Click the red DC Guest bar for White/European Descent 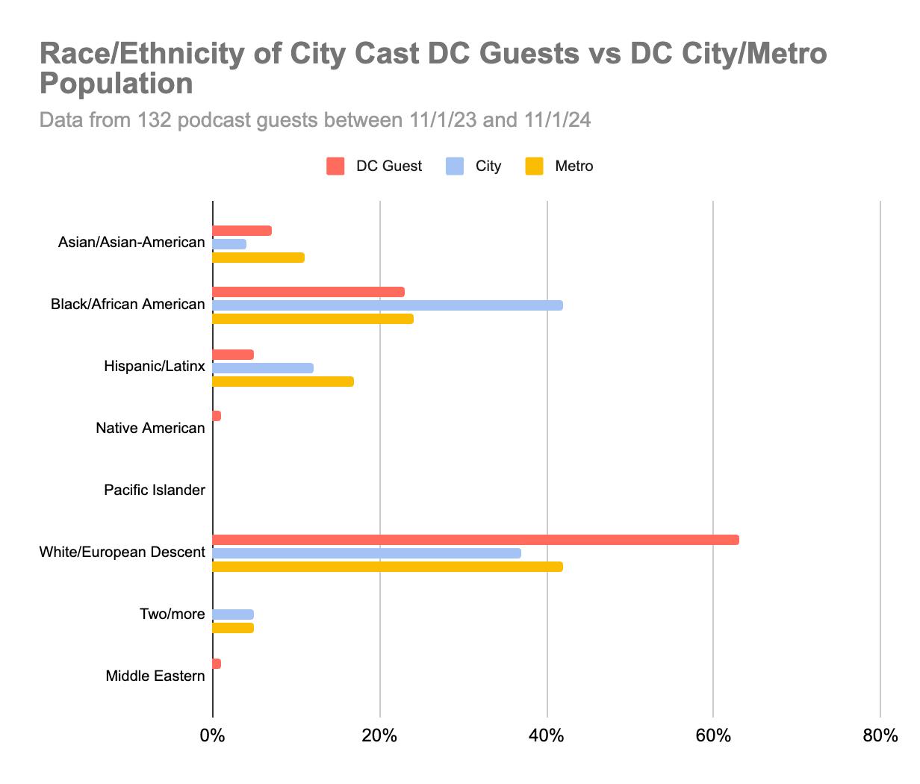pyautogui.click(x=476, y=540)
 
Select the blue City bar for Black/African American pyautogui.click(x=388, y=305)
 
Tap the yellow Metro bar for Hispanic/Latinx pyautogui.click(x=283, y=382)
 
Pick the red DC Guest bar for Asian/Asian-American pyautogui.click(x=242, y=231)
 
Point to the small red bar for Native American pyautogui.click(x=217, y=416)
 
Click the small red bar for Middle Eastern pyautogui.click(x=217, y=664)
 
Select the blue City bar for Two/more pyautogui.click(x=233, y=615)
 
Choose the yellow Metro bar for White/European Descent pyautogui.click(x=388, y=567)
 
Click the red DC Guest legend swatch pyautogui.click(x=335, y=166)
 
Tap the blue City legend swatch pyautogui.click(x=455, y=166)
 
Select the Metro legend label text pyautogui.click(x=574, y=166)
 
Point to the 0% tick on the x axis pyautogui.click(x=213, y=736)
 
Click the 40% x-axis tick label pyautogui.click(x=547, y=736)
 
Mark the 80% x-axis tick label pyautogui.click(x=880, y=736)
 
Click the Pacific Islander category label pyautogui.click(x=155, y=491)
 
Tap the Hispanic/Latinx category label pyautogui.click(x=155, y=367)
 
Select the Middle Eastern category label pyautogui.click(x=155, y=676)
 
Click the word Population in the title pyautogui.click(x=116, y=84)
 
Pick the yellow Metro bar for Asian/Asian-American pyautogui.click(x=258, y=258)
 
